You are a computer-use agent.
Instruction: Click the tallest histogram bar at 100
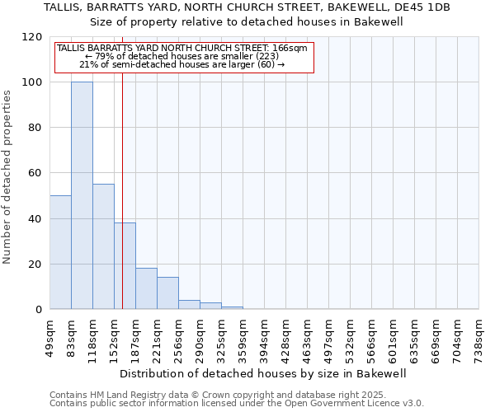click(82, 196)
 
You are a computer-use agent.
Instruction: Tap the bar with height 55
click(103, 247)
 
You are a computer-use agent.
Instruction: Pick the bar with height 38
click(125, 266)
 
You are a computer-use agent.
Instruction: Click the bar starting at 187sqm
click(146, 288)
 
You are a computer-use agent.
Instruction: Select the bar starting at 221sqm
click(167, 293)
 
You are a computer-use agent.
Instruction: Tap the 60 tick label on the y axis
click(35, 174)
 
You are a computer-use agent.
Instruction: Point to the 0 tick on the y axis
click(38, 310)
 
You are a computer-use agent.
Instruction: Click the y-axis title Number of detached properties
click(7, 177)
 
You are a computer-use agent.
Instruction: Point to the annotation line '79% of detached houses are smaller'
click(184, 56)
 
